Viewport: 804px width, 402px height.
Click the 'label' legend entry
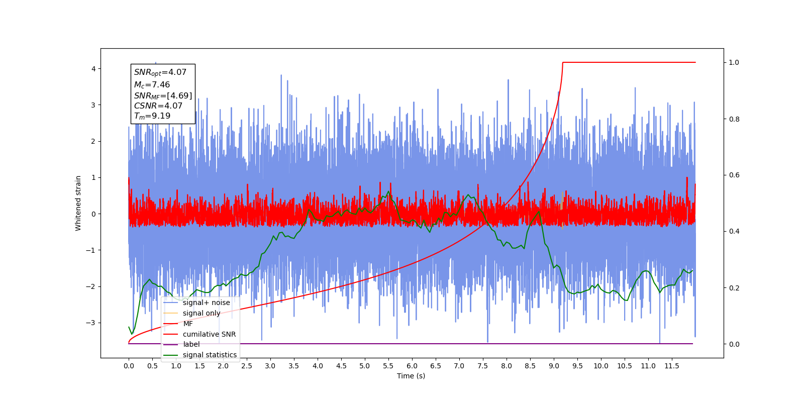pyautogui.click(x=191, y=344)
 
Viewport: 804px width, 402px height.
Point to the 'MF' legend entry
pyautogui.click(x=188, y=324)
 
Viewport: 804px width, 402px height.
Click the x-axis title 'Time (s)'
pyautogui.click(x=411, y=376)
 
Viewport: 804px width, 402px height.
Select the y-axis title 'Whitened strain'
pyautogui.click(x=78, y=203)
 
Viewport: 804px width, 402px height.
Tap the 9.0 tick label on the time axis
pyautogui.click(x=554, y=366)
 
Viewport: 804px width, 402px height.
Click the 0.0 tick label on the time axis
pyautogui.click(x=129, y=366)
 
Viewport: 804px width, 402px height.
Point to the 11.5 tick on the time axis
pyautogui.click(x=672, y=366)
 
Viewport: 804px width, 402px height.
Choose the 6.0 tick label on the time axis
pyautogui.click(x=412, y=366)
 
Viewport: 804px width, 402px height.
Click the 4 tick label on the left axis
pyautogui.click(x=93, y=69)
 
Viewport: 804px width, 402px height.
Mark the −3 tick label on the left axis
pyautogui.click(x=91, y=323)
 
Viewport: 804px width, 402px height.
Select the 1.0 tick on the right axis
pyautogui.click(x=734, y=63)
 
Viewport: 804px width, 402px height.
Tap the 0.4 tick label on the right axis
pyautogui.click(x=734, y=232)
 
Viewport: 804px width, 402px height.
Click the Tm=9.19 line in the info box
pyautogui.click(x=152, y=116)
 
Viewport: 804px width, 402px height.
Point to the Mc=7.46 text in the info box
pyautogui.click(x=152, y=85)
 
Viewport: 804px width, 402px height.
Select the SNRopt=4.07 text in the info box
pyautogui.click(x=160, y=72)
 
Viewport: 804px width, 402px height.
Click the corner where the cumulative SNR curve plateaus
pyautogui.click(x=563, y=62)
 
